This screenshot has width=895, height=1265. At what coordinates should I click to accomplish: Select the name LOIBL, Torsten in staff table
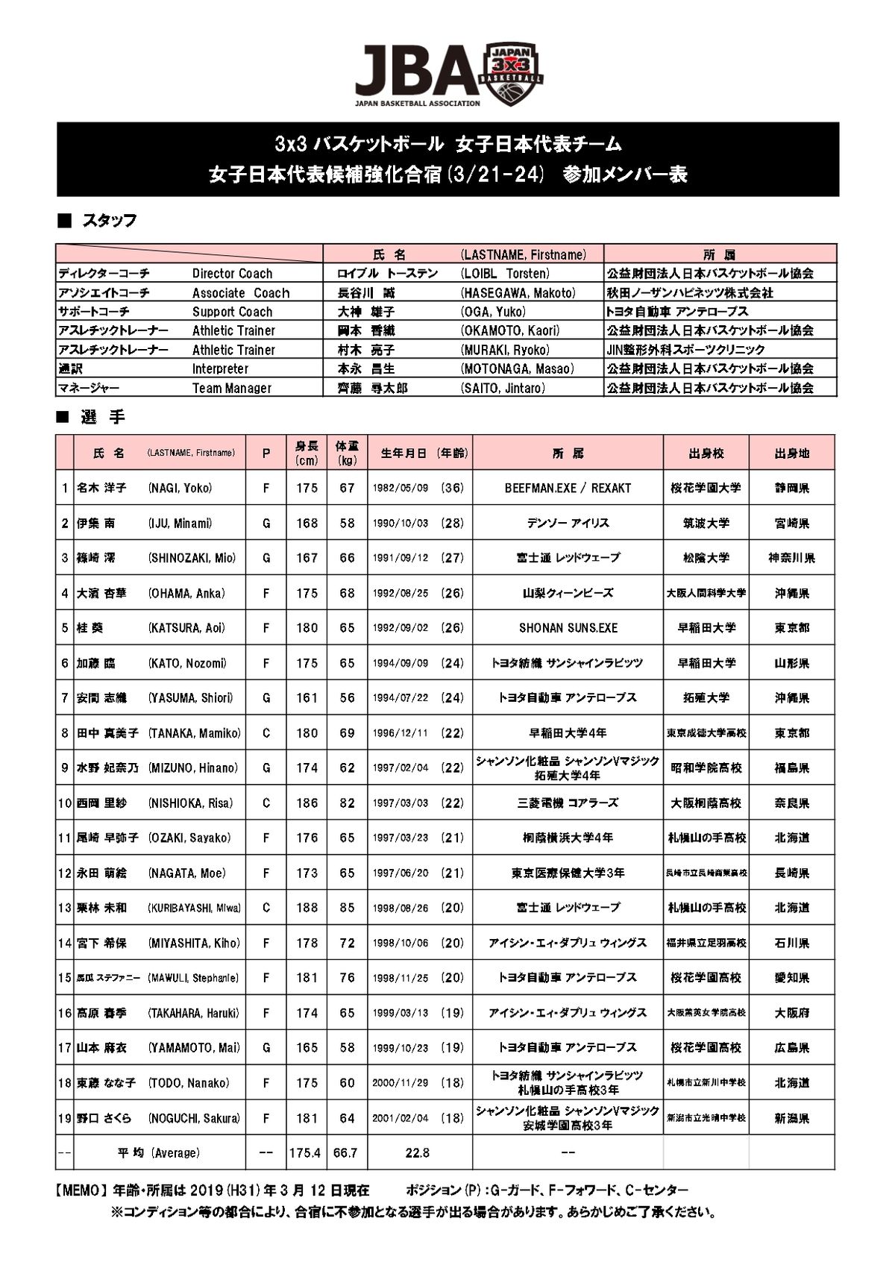click(505, 274)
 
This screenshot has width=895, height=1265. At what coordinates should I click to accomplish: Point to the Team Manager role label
click(231, 388)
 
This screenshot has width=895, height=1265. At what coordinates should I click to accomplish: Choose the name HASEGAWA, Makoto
click(518, 293)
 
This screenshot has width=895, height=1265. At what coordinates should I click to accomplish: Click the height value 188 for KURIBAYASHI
click(307, 908)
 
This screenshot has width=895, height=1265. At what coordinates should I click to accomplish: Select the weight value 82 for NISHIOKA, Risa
click(347, 803)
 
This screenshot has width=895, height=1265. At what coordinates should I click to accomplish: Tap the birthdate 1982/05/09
click(401, 489)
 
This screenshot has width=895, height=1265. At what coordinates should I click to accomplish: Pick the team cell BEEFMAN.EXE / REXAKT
click(568, 489)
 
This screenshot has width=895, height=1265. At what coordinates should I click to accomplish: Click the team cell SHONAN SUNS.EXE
click(568, 628)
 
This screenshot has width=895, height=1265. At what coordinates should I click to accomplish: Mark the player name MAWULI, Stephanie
click(193, 978)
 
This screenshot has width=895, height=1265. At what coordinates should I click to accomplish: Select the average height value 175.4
click(305, 1153)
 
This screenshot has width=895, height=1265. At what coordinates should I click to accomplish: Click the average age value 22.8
click(417, 1153)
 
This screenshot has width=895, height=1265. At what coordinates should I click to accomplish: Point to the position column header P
click(266, 453)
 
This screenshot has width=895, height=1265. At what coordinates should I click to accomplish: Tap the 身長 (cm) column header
click(307, 453)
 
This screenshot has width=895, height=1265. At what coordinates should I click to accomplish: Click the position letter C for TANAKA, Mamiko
click(266, 733)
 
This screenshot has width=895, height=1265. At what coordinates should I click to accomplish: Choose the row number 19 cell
click(64, 1118)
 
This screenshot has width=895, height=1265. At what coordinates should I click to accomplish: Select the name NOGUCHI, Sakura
click(194, 1118)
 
